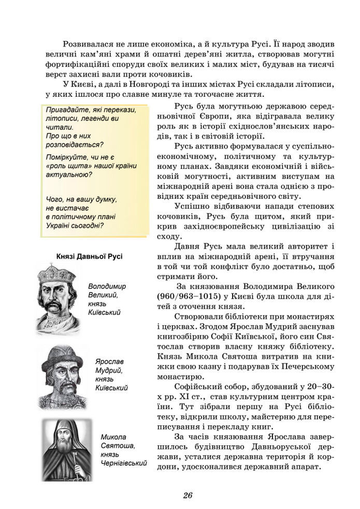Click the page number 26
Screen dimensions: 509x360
coord(188,495)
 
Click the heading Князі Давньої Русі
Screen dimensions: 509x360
coord(89,256)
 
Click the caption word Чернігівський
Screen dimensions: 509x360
coord(124,463)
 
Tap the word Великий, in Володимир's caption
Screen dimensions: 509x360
coord(103,295)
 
